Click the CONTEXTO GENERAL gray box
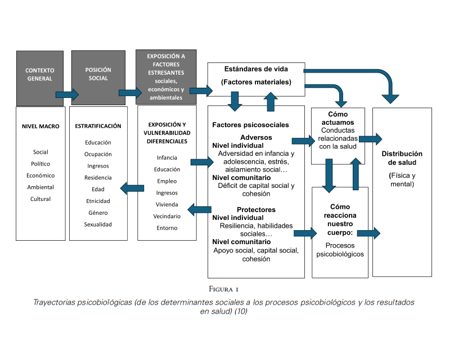click(x=39, y=78)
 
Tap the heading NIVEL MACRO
click(x=41, y=127)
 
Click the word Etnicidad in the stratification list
click(x=98, y=201)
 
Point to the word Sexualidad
click(x=98, y=224)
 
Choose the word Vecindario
click(x=167, y=216)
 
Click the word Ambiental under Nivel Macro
click(x=41, y=187)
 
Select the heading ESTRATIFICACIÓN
click(x=98, y=127)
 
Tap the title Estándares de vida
click(x=256, y=70)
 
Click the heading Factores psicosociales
click(x=250, y=124)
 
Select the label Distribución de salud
click(x=402, y=158)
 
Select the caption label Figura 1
click(x=223, y=289)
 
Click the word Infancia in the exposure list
click(x=167, y=157)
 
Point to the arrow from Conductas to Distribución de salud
click(x=370, y=138)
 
